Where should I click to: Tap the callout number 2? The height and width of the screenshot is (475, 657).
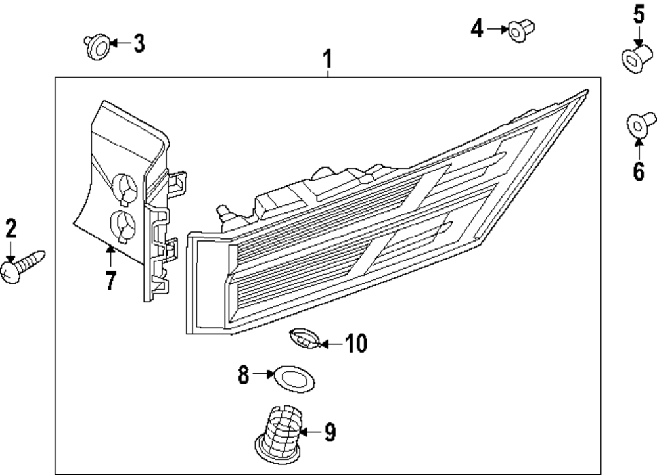click(11, 229)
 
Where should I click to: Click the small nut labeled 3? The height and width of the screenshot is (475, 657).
click(95, 47)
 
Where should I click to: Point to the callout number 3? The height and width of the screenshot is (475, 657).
click(139, 44)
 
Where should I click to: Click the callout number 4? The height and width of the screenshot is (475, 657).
click(476, 28)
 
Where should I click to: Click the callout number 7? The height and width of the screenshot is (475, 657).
click(110, 281)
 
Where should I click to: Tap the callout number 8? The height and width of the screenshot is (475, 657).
click(244, 375)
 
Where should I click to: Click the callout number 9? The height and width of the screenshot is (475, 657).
click(330, 432)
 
